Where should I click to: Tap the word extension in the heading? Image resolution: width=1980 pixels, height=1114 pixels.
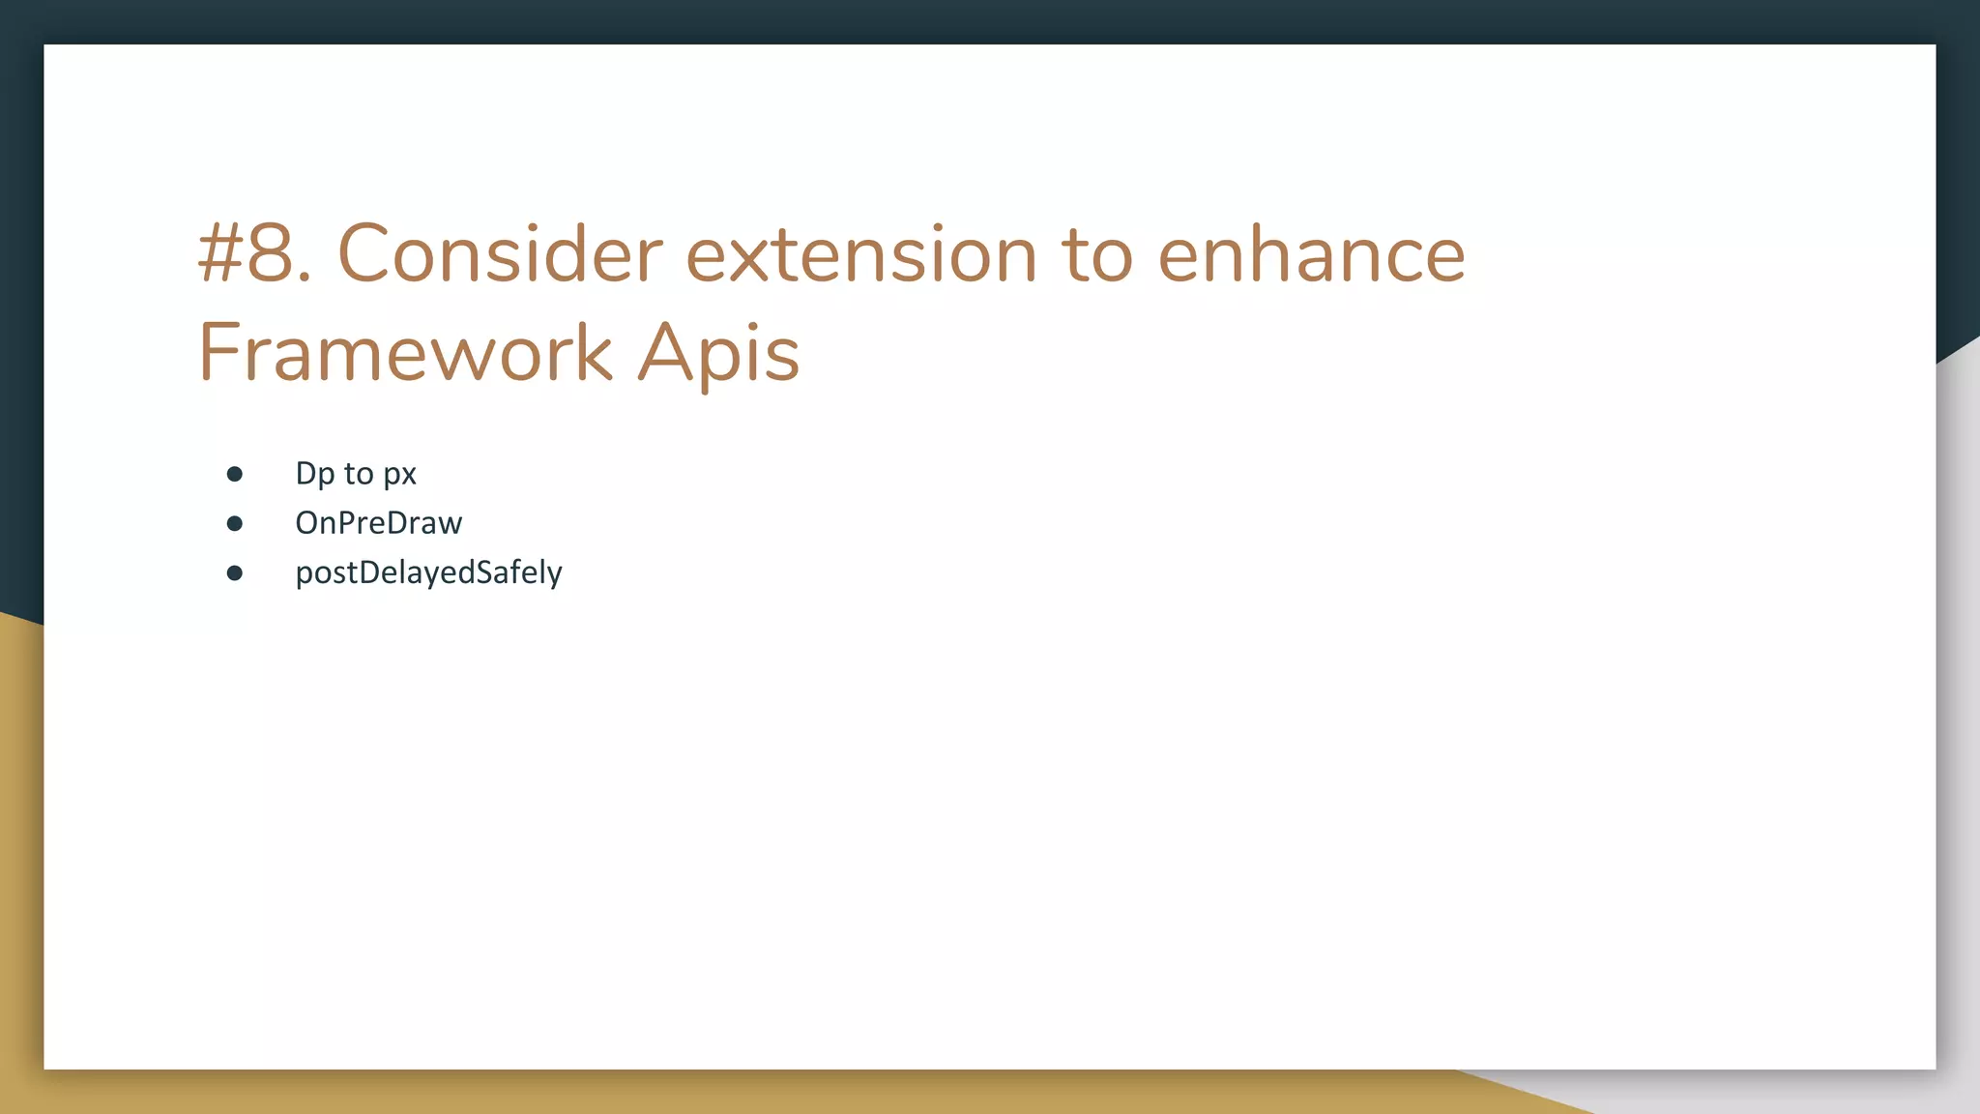(861, 255)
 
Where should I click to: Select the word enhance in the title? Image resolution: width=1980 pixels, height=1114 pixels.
(1311, 255)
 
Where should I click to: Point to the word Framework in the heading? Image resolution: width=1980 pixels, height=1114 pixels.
(405, 353)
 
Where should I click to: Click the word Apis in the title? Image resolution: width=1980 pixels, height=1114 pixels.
(718, 353)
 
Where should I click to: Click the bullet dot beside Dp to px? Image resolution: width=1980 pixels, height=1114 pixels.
(234, 474)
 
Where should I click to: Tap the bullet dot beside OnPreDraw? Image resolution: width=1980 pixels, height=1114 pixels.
(234, 523)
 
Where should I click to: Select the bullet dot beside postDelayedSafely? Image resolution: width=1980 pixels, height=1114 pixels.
(234, 572)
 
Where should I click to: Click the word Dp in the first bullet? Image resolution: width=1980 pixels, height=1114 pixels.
(314, 474)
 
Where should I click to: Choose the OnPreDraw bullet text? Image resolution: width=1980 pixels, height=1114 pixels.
(378, 523)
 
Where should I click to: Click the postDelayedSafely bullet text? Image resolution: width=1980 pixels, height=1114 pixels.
(428, 572)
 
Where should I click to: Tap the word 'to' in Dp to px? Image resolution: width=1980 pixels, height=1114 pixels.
(358, 474)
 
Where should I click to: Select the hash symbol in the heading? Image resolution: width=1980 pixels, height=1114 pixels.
(219, 255)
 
